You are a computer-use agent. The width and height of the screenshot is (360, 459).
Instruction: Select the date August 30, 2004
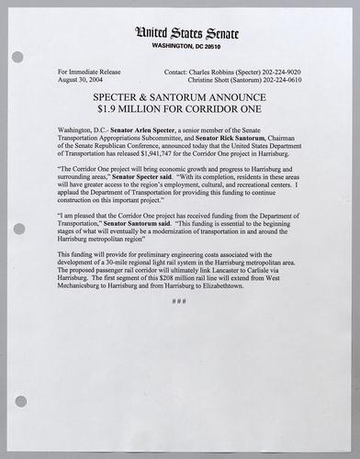point(79,79)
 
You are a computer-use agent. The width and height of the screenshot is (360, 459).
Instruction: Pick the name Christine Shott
point(203,79)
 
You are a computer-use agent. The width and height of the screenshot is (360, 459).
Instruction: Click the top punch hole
point(17,56)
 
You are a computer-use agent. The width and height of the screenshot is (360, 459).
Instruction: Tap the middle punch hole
point(17,229)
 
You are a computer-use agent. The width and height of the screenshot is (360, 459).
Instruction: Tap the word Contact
point(178,70)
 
